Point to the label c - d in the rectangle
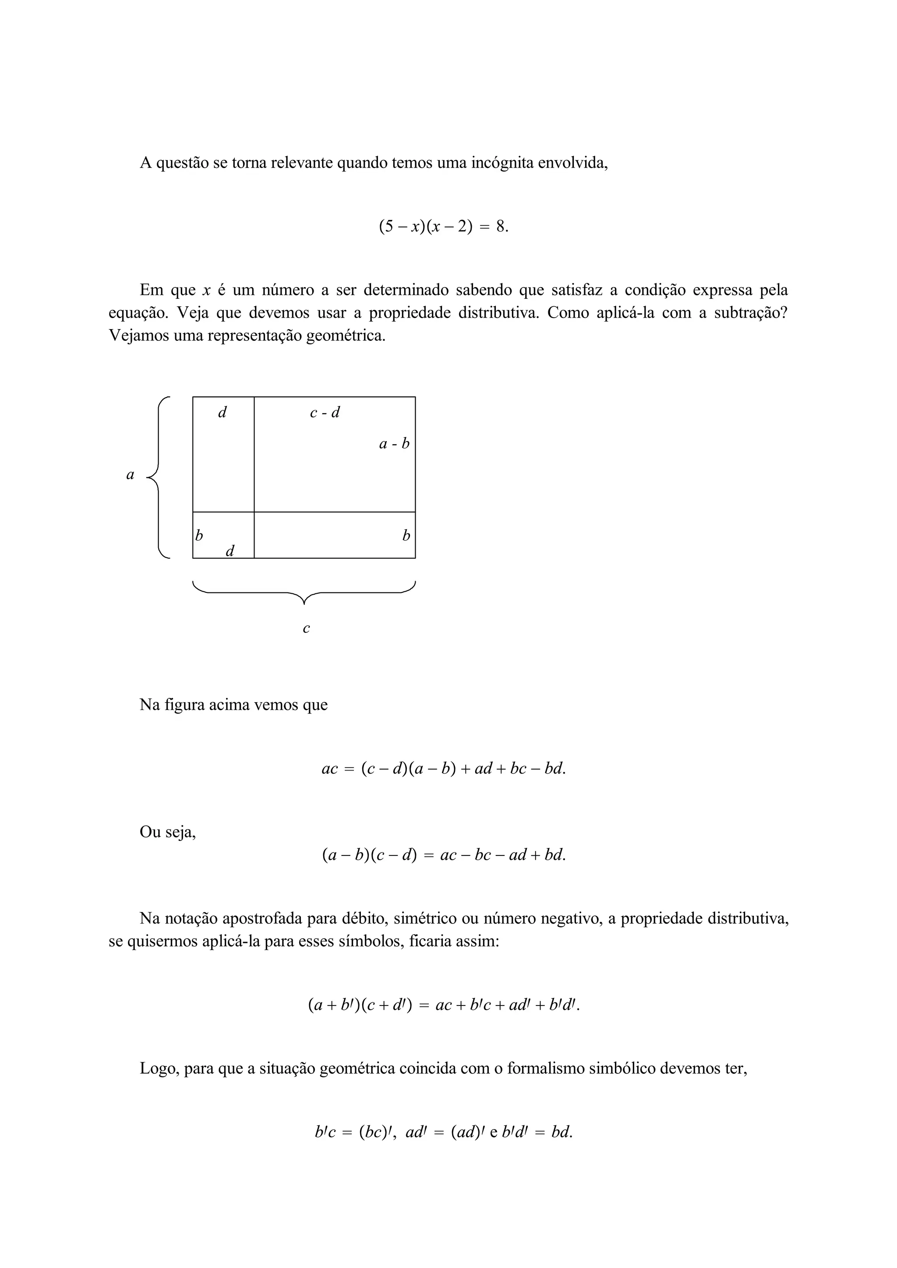[x=325, y=413]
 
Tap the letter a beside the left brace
[x=131, y=475]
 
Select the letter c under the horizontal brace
[x=306, y=628]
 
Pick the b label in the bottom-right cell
[x=406, y=535]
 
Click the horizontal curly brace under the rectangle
[x=304, y=592]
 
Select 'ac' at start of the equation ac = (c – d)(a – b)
[x=329, y=768]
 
